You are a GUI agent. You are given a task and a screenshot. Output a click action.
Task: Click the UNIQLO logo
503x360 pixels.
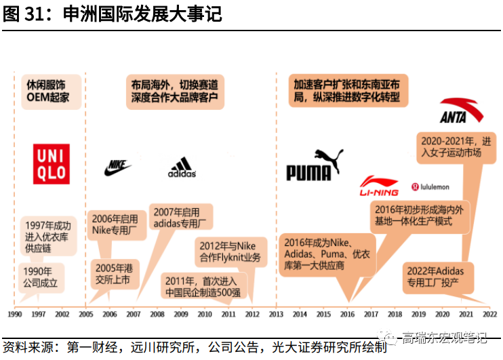tap(51, 163)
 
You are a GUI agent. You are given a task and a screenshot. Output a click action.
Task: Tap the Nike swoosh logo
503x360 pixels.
tap(119, 167)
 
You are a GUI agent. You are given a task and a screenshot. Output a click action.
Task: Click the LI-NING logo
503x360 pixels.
tap(379, 186)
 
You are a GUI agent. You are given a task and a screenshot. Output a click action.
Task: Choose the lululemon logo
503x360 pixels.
tap(430, 186)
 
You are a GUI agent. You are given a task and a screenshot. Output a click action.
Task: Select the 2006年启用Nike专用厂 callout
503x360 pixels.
tap(115, 224)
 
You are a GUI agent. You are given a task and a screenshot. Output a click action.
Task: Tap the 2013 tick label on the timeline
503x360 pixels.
tap(276, 315)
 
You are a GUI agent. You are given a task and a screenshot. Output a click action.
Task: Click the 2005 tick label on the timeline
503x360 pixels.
tap(86, 315)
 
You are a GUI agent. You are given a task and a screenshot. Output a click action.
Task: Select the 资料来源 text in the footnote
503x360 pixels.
tap(27, 346)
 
